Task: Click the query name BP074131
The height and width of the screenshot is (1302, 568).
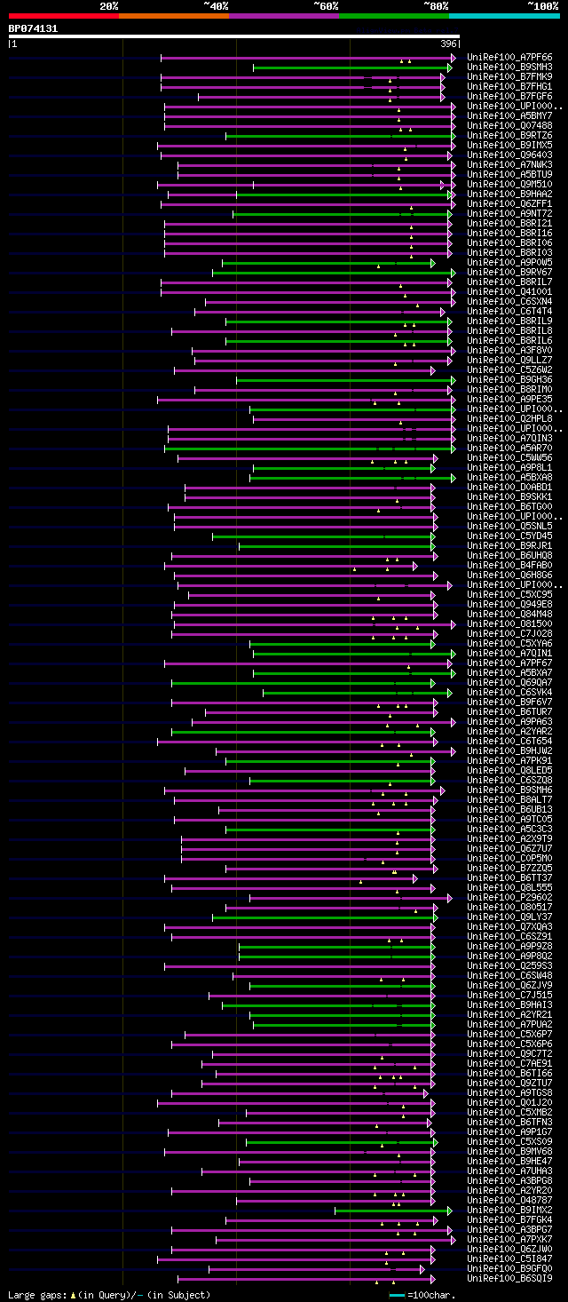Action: [x=33, y=28]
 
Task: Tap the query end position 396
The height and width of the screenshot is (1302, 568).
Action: [x=448, y=44]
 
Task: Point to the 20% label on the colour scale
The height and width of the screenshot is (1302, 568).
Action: [x=109, y=6]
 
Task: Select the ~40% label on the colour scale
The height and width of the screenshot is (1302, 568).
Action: [x=216, y=6]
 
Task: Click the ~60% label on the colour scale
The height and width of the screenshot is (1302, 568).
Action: [x=326, y=6]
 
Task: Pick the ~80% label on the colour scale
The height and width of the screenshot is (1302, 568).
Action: [x=436, y=6]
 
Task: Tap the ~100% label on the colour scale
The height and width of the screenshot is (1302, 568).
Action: [x=543, y=6]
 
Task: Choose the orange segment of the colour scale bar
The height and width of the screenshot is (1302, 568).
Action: [x=173, y=16]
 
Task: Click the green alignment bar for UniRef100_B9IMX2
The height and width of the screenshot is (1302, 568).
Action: [x=390, y=1211]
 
